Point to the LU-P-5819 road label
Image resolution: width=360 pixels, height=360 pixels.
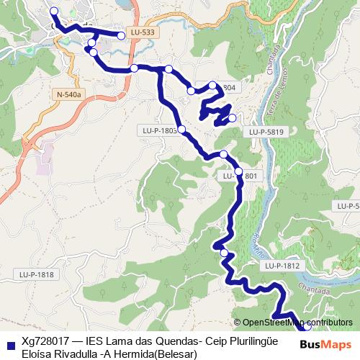(266, 132)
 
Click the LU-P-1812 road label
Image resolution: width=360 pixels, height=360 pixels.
(281, 266)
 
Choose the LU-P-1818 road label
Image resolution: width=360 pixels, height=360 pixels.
(36, 274)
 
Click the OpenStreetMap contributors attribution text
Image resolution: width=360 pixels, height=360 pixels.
(297, 322)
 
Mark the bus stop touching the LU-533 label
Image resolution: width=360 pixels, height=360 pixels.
(122, 34)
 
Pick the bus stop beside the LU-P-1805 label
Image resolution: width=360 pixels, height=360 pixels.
(181, 130)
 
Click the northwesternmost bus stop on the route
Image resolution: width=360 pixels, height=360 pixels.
(53, 11)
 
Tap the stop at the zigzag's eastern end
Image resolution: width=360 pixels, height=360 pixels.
(232, 118)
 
